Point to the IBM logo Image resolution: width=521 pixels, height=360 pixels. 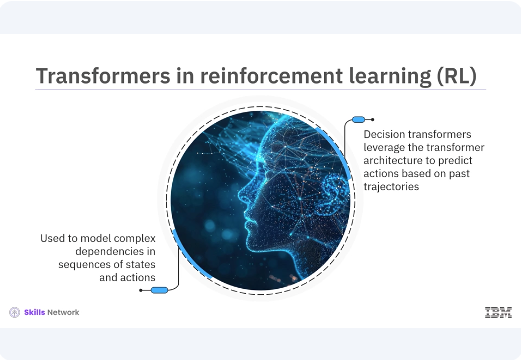tap(498, 313)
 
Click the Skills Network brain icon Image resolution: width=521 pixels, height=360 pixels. tap(15, 313)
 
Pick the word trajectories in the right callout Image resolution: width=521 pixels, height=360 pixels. tap(391, 189)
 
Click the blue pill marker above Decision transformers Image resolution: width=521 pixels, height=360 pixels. tap(357, 119)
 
